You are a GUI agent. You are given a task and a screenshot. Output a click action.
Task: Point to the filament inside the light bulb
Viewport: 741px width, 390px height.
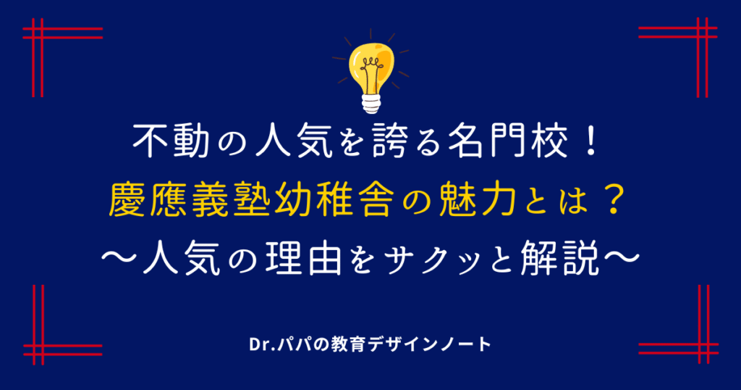[371, 71]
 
